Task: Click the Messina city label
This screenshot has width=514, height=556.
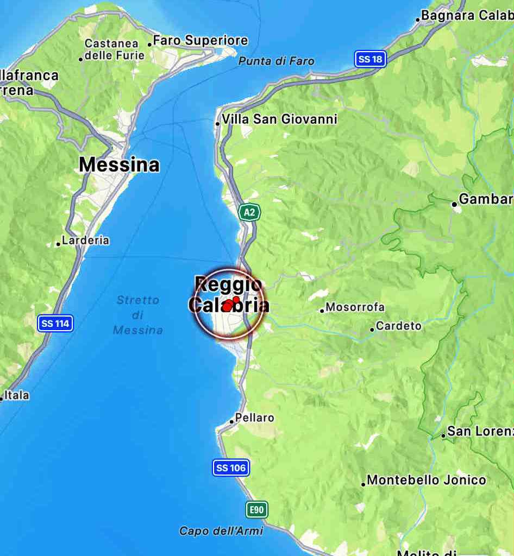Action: (x=119, y=165)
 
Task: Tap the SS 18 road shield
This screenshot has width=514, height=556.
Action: (x=370, y=59)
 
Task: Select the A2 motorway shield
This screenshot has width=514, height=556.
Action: (x=249, y=212)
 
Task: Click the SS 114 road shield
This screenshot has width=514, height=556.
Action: (x=55, y=324)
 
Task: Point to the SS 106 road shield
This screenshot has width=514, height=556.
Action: (x=231, y=467)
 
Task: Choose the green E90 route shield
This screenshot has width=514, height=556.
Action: (x=256, y=509)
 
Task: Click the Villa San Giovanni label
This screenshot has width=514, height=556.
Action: (x=279, y=119)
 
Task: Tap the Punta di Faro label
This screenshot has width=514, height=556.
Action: (x=276, y=61)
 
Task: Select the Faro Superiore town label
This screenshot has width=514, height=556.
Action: (x=200, y=41)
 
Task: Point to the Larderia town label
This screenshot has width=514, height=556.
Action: (x=85, y=240)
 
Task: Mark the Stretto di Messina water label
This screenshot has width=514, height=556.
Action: (x=138, y=315)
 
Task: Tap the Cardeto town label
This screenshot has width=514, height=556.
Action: (x=398, y=326)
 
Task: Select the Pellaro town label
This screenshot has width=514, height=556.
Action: (x=255, y=418)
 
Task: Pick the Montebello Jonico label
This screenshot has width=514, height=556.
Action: (x=426, y=480)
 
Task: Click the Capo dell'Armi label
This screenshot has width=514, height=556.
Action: (x=221, y=531)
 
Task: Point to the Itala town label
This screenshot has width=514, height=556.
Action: (x=17, y=395)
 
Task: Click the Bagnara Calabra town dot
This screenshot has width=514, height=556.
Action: (x=418, y=20)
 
